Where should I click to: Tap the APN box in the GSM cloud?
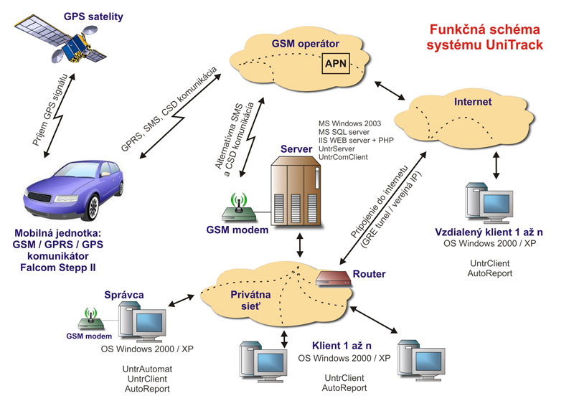coord(337,64)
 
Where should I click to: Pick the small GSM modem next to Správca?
coord(91,321)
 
